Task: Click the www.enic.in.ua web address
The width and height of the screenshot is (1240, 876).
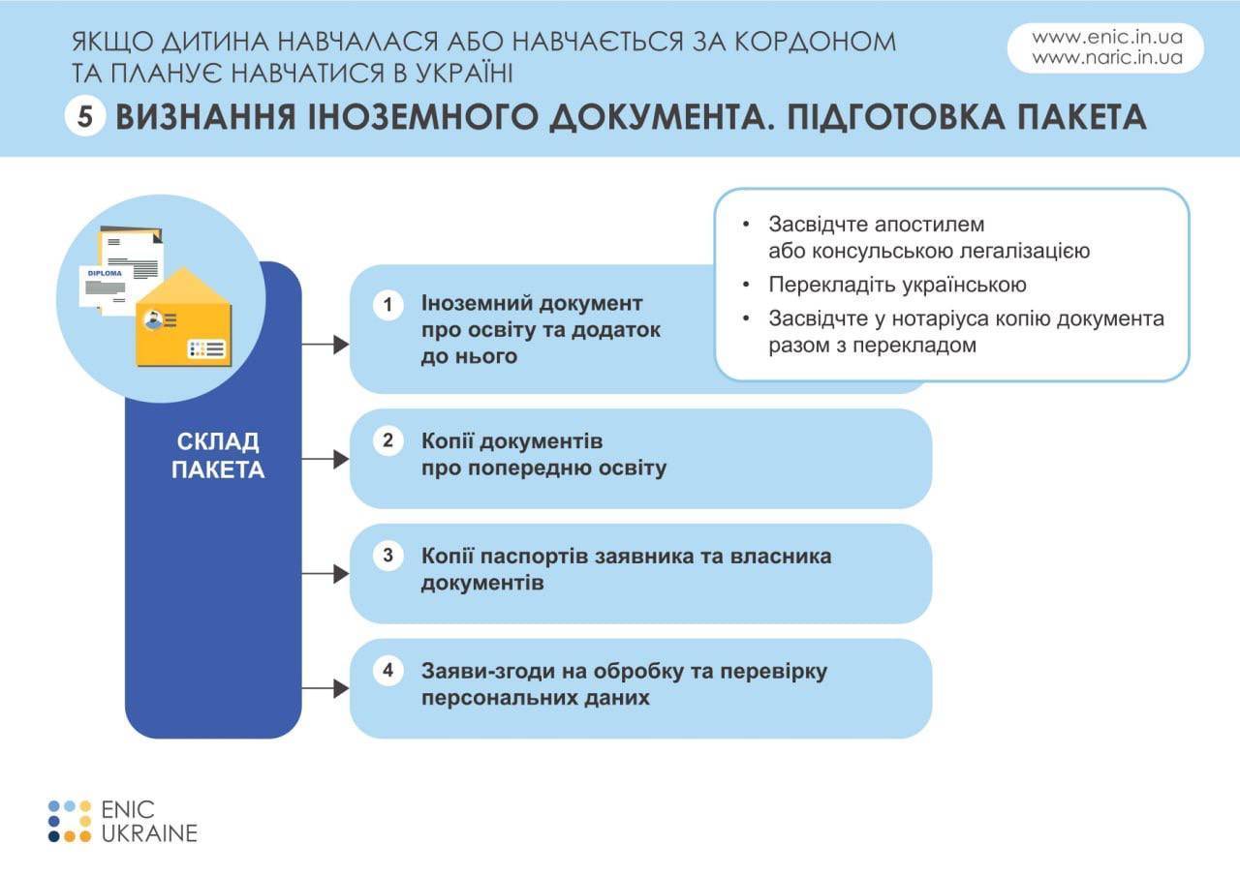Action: coord(1107,38)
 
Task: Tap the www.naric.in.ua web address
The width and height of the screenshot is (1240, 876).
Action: coord(1107,57)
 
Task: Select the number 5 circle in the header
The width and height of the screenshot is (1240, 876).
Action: coord(84,117)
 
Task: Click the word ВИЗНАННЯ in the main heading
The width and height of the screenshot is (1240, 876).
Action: coord(205,117)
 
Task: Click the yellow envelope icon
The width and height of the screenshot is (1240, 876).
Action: coord(184,317)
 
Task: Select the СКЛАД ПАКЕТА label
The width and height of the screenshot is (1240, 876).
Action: coord(218,456)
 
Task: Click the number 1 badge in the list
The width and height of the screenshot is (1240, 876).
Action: coord(387,304)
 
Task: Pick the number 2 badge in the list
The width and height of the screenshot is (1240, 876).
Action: coord(387,440)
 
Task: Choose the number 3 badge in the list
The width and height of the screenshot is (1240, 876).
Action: coord(387,556)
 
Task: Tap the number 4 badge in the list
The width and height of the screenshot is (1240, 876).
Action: coord(387,670)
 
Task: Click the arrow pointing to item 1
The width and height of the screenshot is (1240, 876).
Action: coord(325,344)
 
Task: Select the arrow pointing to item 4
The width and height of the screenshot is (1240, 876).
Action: coord(325,688)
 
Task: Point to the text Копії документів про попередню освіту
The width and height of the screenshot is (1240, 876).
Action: coord(544,455)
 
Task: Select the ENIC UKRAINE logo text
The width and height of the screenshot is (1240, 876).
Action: coord(149,821)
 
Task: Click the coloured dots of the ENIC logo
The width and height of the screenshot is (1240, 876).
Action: coord(70,821)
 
